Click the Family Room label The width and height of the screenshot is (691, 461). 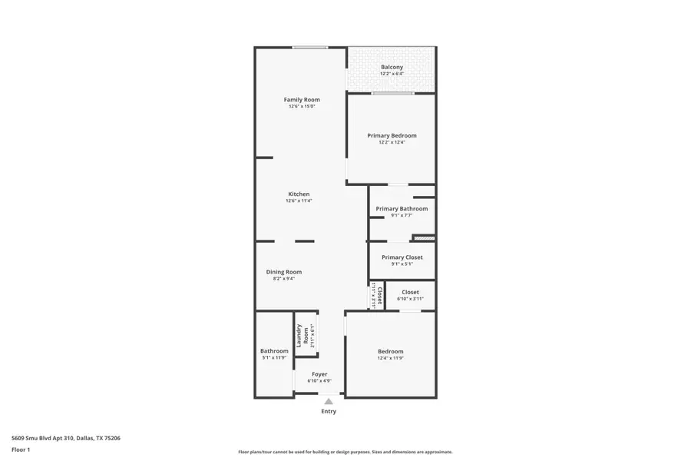click(302, 100)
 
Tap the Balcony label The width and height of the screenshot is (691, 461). click(392, 67)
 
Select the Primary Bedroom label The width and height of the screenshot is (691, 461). click(392, 135)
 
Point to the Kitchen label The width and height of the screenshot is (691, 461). click(299, 194)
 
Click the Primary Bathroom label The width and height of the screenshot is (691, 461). click(402, 208)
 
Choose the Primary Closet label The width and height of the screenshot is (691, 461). click(402, 257)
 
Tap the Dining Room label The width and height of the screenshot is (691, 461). click(283, 272)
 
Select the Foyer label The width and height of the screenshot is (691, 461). click(319, 374)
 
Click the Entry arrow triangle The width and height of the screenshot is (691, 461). click(329, 401)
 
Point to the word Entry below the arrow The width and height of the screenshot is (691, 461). click(329, 412)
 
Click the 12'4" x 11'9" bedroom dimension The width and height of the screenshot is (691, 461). click(390, 358)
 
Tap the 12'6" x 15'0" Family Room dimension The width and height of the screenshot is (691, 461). click(302, 106)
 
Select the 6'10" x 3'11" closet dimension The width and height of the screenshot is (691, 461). click(410, 299)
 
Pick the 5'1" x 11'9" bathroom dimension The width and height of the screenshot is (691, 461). click(273, 357)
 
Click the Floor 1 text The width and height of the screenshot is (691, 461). click(21, 449)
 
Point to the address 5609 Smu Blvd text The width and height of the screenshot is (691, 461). click(65, 438)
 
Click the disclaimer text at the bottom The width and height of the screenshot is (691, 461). click(345, 452)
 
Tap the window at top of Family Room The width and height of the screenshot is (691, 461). click(310, 48)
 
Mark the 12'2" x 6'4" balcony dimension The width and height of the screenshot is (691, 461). click(392, 74)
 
